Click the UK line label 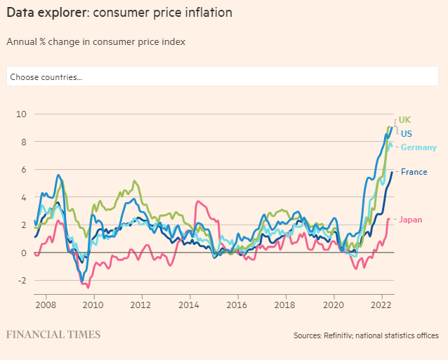coord(404,120)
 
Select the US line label coord(407,133)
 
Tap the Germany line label coord(419,147)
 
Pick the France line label coord(414,172)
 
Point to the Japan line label coord(411,220)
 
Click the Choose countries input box coord(223,76)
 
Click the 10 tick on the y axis coord(21,114)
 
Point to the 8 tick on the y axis coord(23,142)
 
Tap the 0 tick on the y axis coord(23,253)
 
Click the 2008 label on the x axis coord(46,305)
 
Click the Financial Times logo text coord(53,335)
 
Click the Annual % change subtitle coord(95,41)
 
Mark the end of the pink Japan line coord(388,219)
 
